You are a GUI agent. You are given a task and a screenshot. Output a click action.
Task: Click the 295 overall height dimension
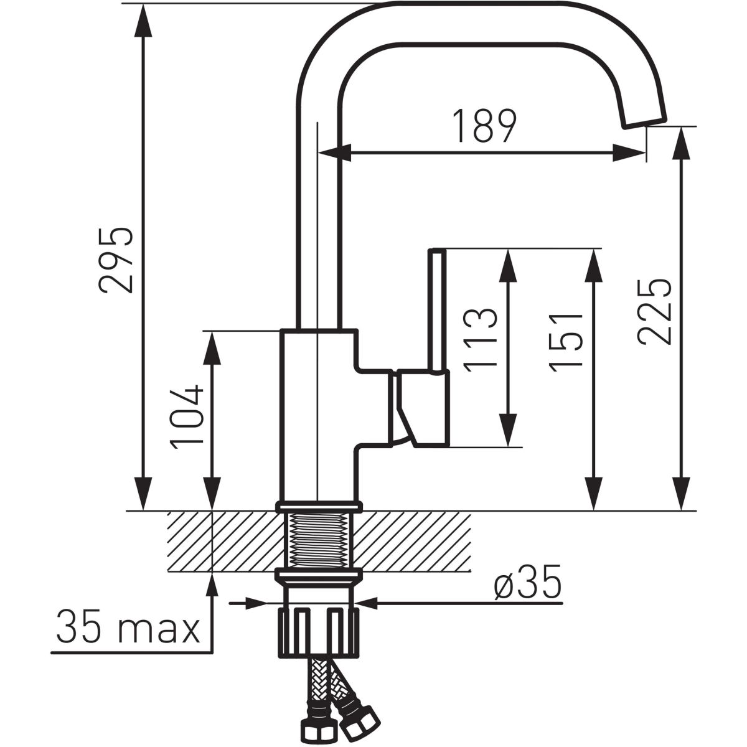116,260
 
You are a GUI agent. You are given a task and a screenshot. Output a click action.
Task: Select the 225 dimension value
654,311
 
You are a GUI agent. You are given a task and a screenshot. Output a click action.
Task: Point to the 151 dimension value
566,342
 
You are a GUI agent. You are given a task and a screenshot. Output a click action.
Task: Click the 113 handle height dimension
480,340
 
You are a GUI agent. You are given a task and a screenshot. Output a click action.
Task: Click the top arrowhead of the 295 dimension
143,20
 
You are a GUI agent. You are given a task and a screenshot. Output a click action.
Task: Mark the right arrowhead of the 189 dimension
629,153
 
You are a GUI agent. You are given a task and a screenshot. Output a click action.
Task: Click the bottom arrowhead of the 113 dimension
508,430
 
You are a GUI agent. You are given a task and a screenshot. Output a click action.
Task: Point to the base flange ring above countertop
319,506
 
